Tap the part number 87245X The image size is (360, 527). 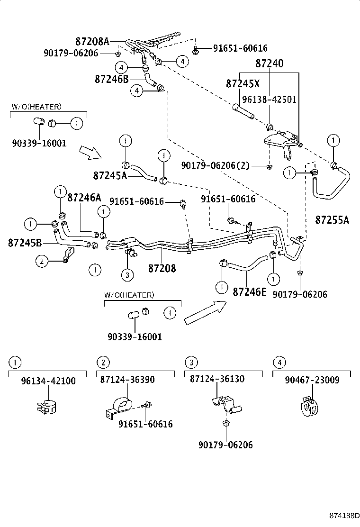[243, 84]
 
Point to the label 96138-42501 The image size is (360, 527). [269, 100]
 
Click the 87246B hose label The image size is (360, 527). [111, 79]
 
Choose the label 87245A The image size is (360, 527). [110, 175]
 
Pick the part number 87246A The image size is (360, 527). [84, 198]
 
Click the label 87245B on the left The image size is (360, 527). [25, 243]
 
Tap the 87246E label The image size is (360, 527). [250, 291]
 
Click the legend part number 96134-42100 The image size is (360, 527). [48, 381]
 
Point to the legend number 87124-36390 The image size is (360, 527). [127, 380]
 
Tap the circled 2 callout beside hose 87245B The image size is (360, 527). [42, 260]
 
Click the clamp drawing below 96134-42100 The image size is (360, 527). [47, 407]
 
